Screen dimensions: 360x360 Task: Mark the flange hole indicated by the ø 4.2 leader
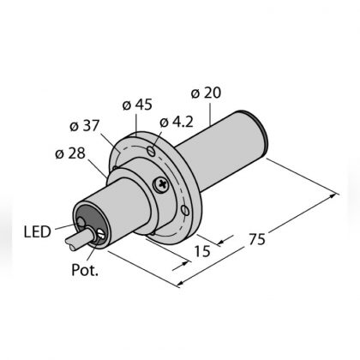tap(150, 153)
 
